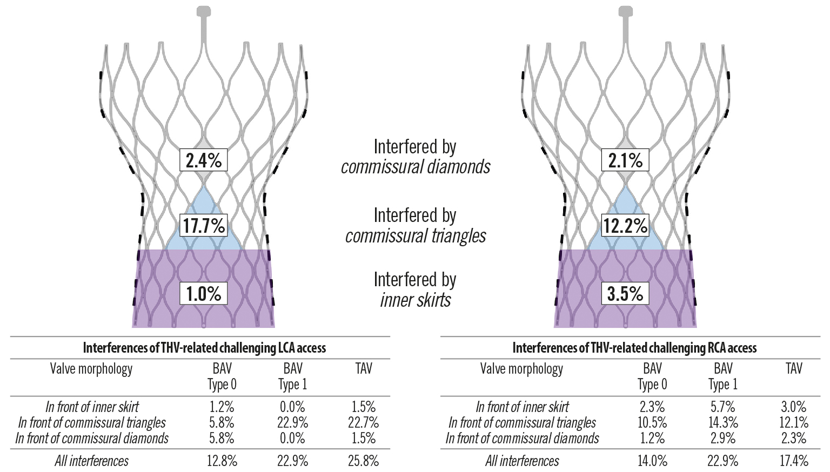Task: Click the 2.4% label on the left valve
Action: coord(203,160)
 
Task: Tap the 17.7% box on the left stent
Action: coord(203,225)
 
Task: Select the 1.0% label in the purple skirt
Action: coord(203,294)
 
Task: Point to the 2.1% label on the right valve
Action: coord(625,160)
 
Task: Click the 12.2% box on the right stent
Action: coord(625,225)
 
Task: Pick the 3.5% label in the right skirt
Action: coord(625,294)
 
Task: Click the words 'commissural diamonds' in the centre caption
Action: coord(415,167)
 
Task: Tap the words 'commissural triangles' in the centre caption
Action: coord(415,236)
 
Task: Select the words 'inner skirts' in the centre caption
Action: coord(415,300)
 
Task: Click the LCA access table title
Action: coord(204,348)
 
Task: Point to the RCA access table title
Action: coord(634,348)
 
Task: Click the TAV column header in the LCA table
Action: coord(364,369)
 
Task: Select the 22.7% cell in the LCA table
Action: coord(364,422)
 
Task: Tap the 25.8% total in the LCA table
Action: coord(364,461)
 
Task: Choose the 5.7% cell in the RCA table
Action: coord(723,407)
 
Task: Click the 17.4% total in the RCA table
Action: coord(793,461)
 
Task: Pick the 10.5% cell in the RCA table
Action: coord(652,422)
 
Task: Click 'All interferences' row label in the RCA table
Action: coord(522,461)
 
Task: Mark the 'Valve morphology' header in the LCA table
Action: coord(91,369)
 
